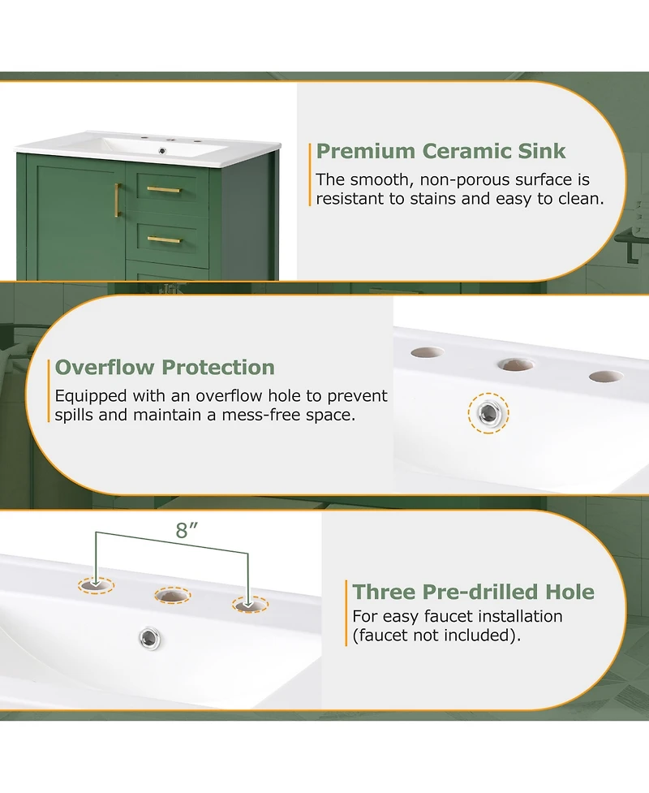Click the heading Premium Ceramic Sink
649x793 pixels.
pyautogui.click(x=441, y=151)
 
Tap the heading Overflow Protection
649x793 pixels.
pyautogui.click(x=165, y=367)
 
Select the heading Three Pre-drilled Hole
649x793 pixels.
pyautogui.click(x=473, y=592)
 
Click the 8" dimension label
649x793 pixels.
pyautogui.click(x=187, y=530)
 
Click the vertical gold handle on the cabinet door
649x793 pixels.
pyautogui.click(x=118, y=200)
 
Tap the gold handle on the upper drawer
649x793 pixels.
pyautogui.click(x=164, y=190)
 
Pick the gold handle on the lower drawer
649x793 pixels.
pyautogui.click(x=164, y=239)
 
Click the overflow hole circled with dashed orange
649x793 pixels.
pyautogui.click(x=488, y=413)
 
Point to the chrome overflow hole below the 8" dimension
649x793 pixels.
pyautogui.click(x=149, y=638)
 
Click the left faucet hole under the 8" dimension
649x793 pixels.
pyautogui.click(x=96, y=586)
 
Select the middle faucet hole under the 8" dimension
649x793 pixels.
pyautogui.click(x=172, y=595)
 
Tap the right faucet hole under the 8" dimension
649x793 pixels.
pyautogui.click(x=250, y=605)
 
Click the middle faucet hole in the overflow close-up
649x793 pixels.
pyautogui.click(x=516, y=364)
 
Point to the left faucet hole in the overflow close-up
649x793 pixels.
pyautogui.click(x=427, y=352)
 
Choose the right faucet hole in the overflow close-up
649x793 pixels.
pyautogui.click(x=606, y=377)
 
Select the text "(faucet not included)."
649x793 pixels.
pyautogui.click(x=436, y=636)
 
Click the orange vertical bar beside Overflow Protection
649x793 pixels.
pyautogui.click(x=49, y=390)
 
